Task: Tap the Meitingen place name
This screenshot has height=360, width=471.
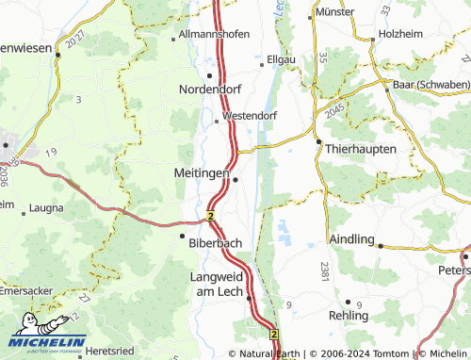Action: tap(202, 172)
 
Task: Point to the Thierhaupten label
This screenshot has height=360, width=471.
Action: tap(361, 150)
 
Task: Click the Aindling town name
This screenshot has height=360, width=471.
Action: tap(351, 239)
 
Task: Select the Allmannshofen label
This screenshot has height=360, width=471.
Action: tap(215, 34)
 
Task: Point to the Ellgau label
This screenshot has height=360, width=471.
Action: tap(283, 57)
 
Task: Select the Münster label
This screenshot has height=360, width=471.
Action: tap(333, 13)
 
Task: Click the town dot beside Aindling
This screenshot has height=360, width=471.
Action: tap(380, 245)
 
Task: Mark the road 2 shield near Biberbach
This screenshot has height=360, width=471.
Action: tap(211, 216)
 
